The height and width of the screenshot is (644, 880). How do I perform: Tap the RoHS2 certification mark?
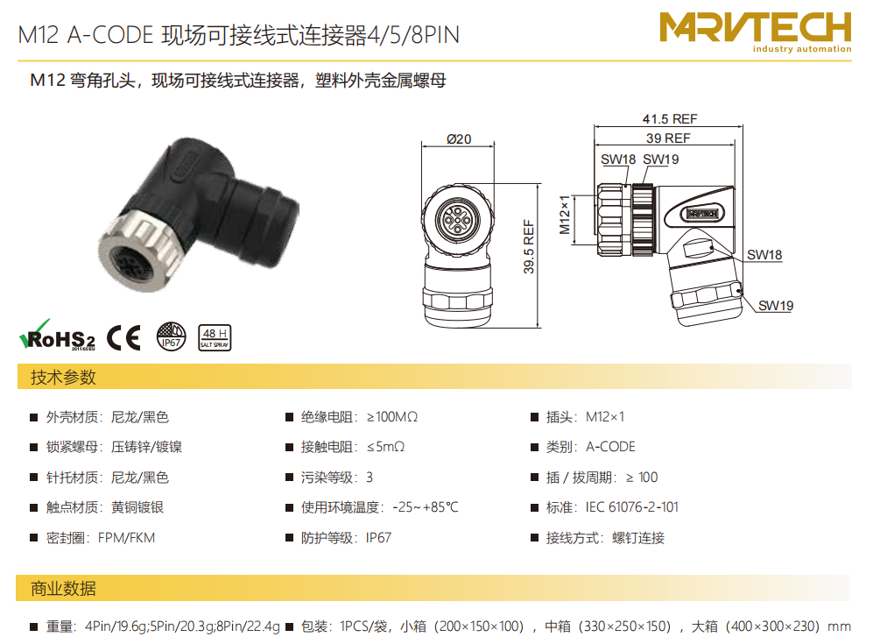(57, 336)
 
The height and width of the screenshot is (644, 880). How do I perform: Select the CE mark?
(123, 337)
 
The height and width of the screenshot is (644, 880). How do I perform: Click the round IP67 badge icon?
(171, 336)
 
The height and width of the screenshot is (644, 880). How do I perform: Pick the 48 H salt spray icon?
(215, 337)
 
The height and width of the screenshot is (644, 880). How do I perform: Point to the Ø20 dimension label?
(459, 138)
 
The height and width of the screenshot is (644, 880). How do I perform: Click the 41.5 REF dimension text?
(670, 119)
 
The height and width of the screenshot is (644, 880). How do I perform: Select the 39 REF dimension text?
(668, 138)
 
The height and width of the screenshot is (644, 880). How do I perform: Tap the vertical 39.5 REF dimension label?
(529, 247)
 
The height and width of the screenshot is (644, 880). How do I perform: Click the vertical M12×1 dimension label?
(565, 215)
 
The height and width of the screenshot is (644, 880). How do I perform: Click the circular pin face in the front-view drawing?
(458, 220)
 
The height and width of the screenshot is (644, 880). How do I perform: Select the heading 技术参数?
(63, 377)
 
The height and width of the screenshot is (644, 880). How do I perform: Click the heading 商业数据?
(63, 589)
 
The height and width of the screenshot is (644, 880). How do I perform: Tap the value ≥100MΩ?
(392, 417)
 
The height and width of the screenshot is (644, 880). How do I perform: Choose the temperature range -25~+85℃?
(426, 507)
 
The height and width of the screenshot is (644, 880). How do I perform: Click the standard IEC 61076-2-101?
(632, 507)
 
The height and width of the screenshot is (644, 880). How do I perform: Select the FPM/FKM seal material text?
(126, 538)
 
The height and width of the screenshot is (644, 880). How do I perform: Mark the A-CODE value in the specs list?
(610, 447)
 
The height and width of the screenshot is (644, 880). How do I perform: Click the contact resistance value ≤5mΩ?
(385, 447)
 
